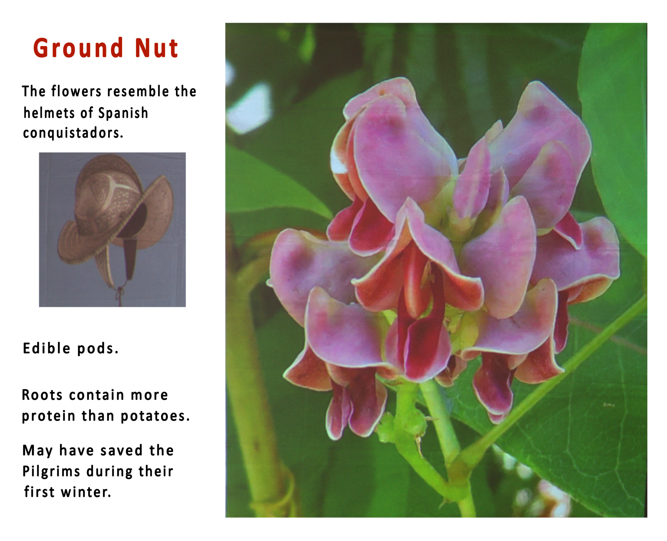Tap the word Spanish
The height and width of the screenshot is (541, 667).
pos(123,113)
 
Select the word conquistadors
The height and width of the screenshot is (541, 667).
pos(73,133)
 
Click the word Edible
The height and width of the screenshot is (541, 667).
pos(47,348)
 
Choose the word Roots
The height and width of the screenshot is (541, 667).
pos(42,395)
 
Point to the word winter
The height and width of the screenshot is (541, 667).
pos(86,492)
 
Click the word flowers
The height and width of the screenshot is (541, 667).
pos(76,91)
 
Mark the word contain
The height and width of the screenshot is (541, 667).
pos(96,395)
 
